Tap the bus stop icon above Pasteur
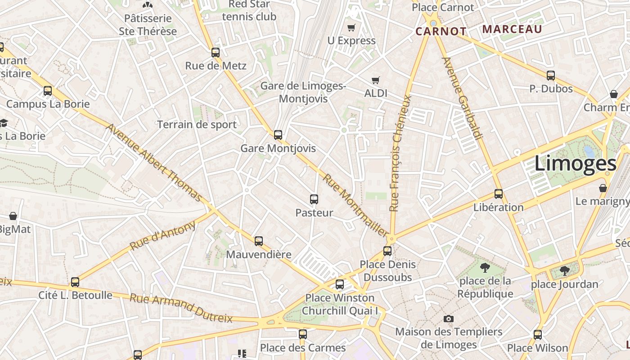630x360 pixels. pos(314,199)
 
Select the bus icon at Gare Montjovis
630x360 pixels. pos(278,135)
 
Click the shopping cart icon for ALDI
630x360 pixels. pos(376,81)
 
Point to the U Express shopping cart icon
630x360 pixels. pos(351,28)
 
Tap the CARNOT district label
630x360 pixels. pos(441,31)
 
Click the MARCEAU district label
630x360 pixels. pos(512,29)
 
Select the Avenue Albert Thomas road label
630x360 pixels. pos(154,162)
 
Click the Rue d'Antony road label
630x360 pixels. pos(163,235)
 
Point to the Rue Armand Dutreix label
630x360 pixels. pos(181,308)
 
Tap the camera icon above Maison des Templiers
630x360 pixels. pos(448,319)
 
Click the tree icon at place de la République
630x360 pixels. pos(485,268)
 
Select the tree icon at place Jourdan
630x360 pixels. pos(564,271)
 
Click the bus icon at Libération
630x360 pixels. pos(499,194)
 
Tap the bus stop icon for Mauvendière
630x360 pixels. pos(259,241)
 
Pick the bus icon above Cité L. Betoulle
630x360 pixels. pos(75,282)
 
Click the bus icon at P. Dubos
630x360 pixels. pos(550,76)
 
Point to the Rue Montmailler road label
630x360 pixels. pos(355,206)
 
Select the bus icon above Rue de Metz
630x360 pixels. pos(216,53)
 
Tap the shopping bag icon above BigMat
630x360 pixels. pos(13,216)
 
